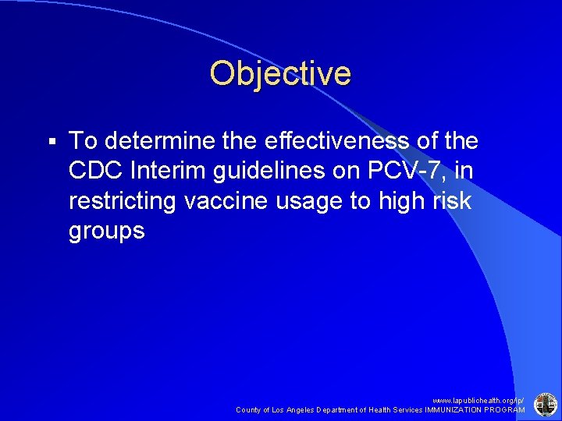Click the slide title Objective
tap(280, 73)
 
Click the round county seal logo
tap(544, 404)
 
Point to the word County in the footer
tap(248, 409)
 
